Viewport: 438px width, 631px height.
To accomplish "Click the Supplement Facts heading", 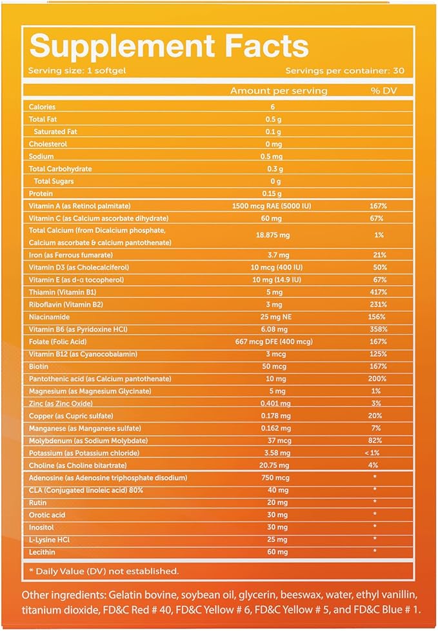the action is pos(169,46).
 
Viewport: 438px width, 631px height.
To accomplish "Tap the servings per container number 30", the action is pos(399,71).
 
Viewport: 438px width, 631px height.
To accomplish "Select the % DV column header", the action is pos(384,91).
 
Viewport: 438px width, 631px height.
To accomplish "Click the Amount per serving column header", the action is pos(279,91).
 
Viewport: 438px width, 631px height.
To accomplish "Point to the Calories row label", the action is pos(42,107).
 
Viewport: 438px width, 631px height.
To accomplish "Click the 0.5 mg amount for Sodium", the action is pos(272,157).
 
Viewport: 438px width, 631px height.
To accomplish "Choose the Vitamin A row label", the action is pos(79,206).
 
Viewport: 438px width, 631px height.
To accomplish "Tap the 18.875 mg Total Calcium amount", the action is pos(273,235).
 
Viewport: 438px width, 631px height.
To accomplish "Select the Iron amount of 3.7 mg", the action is pos(277,255).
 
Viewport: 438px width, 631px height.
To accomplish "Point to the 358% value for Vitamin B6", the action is pos(378,329).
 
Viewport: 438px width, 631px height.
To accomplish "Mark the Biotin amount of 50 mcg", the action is pos(274,366).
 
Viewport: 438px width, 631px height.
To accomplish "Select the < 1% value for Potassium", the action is pos(372,453).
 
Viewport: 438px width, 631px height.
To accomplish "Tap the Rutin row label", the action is pos(37,503).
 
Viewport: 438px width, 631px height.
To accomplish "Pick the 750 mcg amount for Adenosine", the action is pos(275,478).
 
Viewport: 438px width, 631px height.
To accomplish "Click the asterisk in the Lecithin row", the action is pos(374,551).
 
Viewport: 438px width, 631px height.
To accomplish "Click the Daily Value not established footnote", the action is pos(104,571).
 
